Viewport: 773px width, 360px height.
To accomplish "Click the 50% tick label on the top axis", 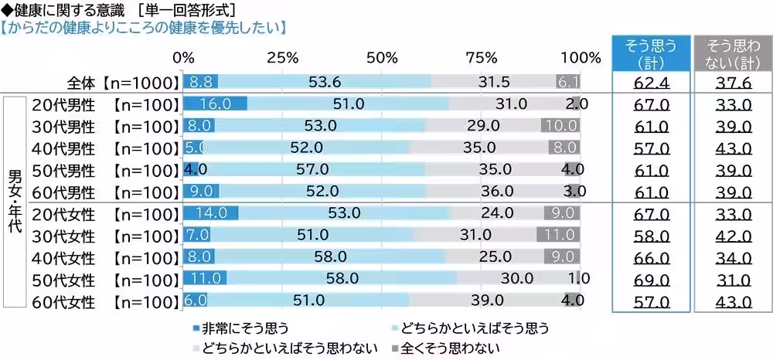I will [x=383, y=58].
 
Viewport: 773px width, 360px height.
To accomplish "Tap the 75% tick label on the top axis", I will [x=482, y=58].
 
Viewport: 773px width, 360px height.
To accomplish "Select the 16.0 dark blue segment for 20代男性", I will [x=214, y=104].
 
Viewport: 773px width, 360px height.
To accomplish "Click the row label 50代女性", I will [x=62, y=278].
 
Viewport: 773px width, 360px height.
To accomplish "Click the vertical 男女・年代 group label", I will [x=13, y=202].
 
